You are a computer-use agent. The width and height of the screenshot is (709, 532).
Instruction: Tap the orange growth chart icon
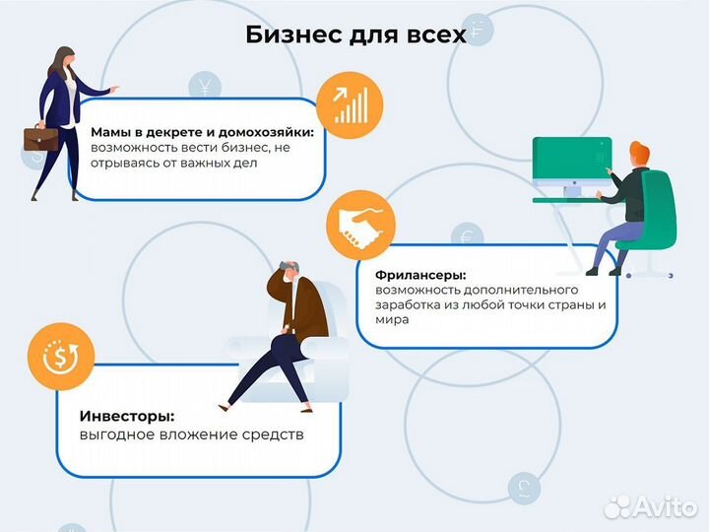(x=351, y=104)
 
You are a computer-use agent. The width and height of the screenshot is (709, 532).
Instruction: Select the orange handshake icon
(x=360, y=226)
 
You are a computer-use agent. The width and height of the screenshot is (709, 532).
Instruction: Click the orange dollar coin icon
(x=60, y=359)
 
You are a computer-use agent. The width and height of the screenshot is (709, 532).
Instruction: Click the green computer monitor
(x=570, y=164)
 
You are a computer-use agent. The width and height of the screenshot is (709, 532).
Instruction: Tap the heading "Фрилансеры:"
(x=420, y=275)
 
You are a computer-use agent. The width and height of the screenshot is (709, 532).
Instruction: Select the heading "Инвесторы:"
(x=122, y=417)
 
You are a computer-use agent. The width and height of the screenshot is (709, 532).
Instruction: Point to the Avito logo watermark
(x=652, y=506)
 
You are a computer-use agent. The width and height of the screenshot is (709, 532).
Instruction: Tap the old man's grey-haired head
(x=286, y=272)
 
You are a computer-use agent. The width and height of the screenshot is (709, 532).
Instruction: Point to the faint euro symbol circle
(x=467, y=237)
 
